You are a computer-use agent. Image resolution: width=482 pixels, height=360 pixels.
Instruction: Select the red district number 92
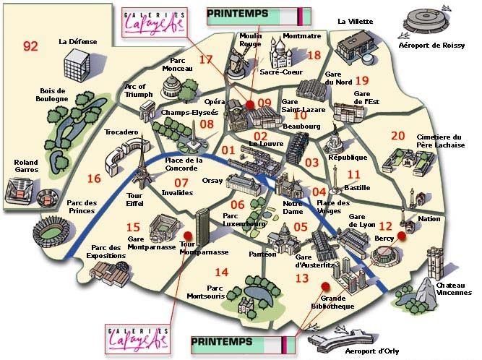[30, 46]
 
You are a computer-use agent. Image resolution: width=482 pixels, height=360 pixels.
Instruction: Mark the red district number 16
[94, 179]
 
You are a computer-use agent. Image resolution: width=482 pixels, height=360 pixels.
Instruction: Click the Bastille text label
[357, 187]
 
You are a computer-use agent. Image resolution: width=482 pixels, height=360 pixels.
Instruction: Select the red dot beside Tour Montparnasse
[188, 235]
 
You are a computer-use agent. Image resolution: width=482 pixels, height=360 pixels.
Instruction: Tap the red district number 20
[397, 135]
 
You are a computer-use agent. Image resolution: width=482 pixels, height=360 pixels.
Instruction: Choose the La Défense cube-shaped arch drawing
[74, 67]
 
